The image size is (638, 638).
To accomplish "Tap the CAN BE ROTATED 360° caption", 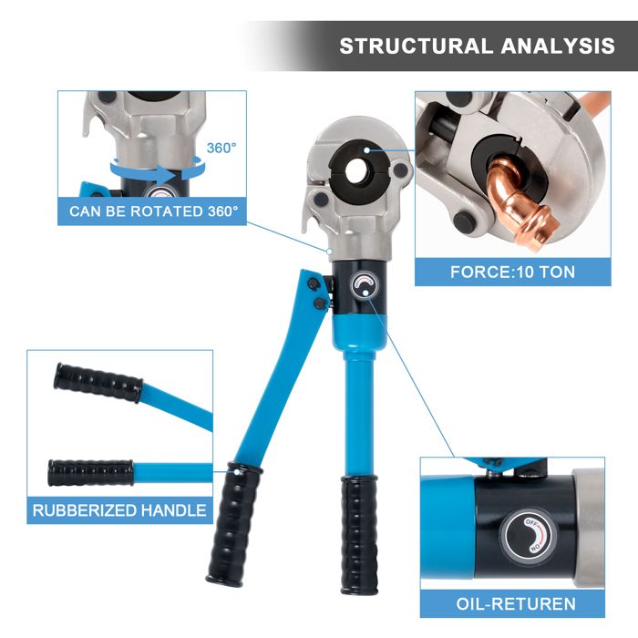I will pyautogui.click(x=153, y=211).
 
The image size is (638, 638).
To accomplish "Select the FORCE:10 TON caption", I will pyautogui.click(x=512, y=272).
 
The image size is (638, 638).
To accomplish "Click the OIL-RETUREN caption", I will pyautogui.click(x=515, y=603).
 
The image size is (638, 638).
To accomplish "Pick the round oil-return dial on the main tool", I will pyautogui.click(x=365, y=285).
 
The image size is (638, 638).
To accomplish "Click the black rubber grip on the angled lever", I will pyautogui.click(x=228, y=524).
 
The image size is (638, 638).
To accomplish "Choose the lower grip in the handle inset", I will pyautogui.click(x=91, y=473).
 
